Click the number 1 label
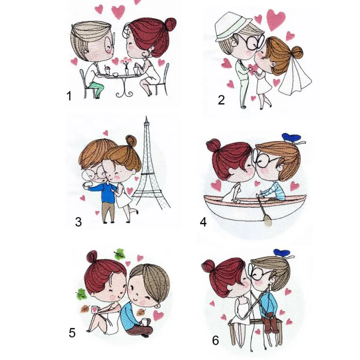pyautogui.click(x=69, y=96)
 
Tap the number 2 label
pyautogui.click(x=221, y=100)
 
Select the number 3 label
pyautogui.click(x=78, y=222)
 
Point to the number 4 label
pyautogui.click(x=203, y=222)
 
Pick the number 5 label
pyautogui.click(x=72, y=333)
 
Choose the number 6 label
pyautogui.click(x=215, y=340)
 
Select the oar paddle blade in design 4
pyautogui.click(x=267, y=221)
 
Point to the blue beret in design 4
pyautogui.click(x=291, y=137)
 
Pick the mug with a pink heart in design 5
pyautogui.click(x=95, y=309)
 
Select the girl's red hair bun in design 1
pyautogui.click(x=171, y=23)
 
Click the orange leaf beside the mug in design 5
pyautogui.click(x=85, y=309)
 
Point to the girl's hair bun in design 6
pyautogui.click(x=209, y=266)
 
